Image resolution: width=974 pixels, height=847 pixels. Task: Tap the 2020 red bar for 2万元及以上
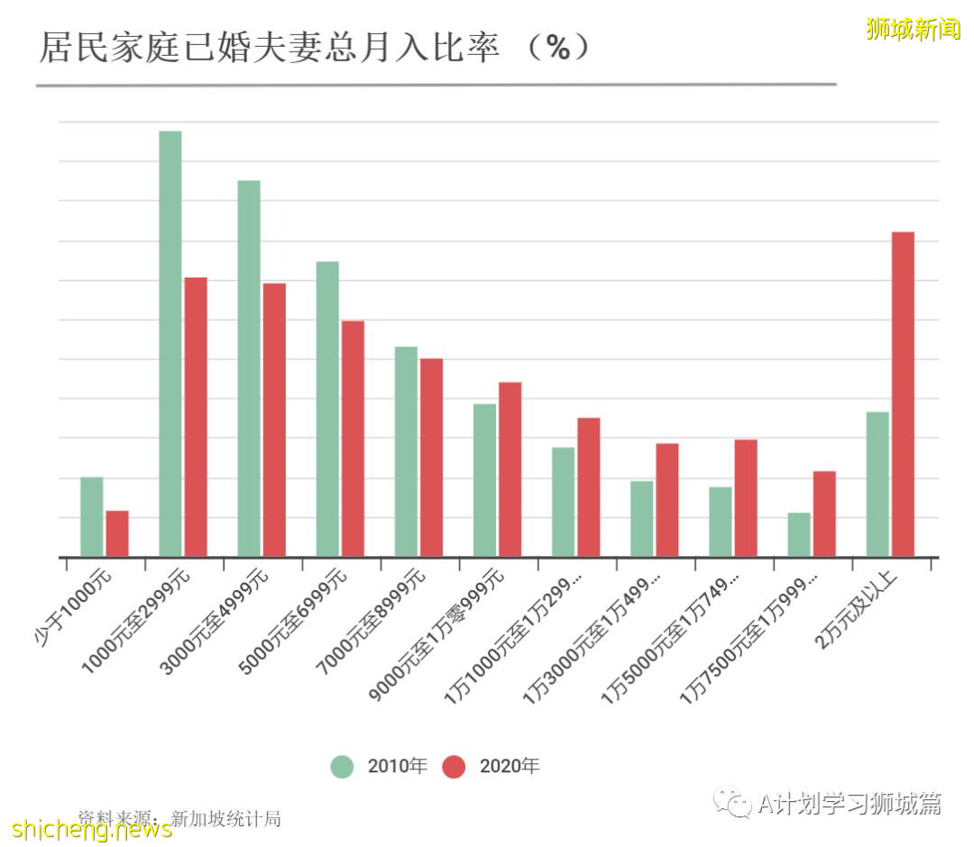coord(903,395)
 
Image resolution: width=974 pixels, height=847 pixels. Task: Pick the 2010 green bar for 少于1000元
coord(92,517)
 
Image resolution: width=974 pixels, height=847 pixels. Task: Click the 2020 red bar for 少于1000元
coord(117,534)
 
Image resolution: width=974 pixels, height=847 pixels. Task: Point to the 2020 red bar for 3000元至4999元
coord(274,420)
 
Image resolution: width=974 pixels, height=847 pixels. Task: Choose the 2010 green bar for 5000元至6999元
coord(327,409)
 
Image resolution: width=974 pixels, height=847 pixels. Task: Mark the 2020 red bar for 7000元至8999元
coord(431,458)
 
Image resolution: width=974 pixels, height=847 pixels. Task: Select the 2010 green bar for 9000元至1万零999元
coord(484,480)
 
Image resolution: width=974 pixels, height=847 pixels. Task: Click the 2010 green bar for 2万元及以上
coord(878,485)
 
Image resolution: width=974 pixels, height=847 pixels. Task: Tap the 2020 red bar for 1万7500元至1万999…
coord(824,515)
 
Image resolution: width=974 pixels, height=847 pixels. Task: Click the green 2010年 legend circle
coord(342,767)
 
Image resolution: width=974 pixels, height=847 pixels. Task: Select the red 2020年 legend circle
coord(455,767)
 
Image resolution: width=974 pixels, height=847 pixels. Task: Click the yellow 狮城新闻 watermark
coord(913,29)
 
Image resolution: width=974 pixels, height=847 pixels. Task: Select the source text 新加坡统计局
coord(225,818)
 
